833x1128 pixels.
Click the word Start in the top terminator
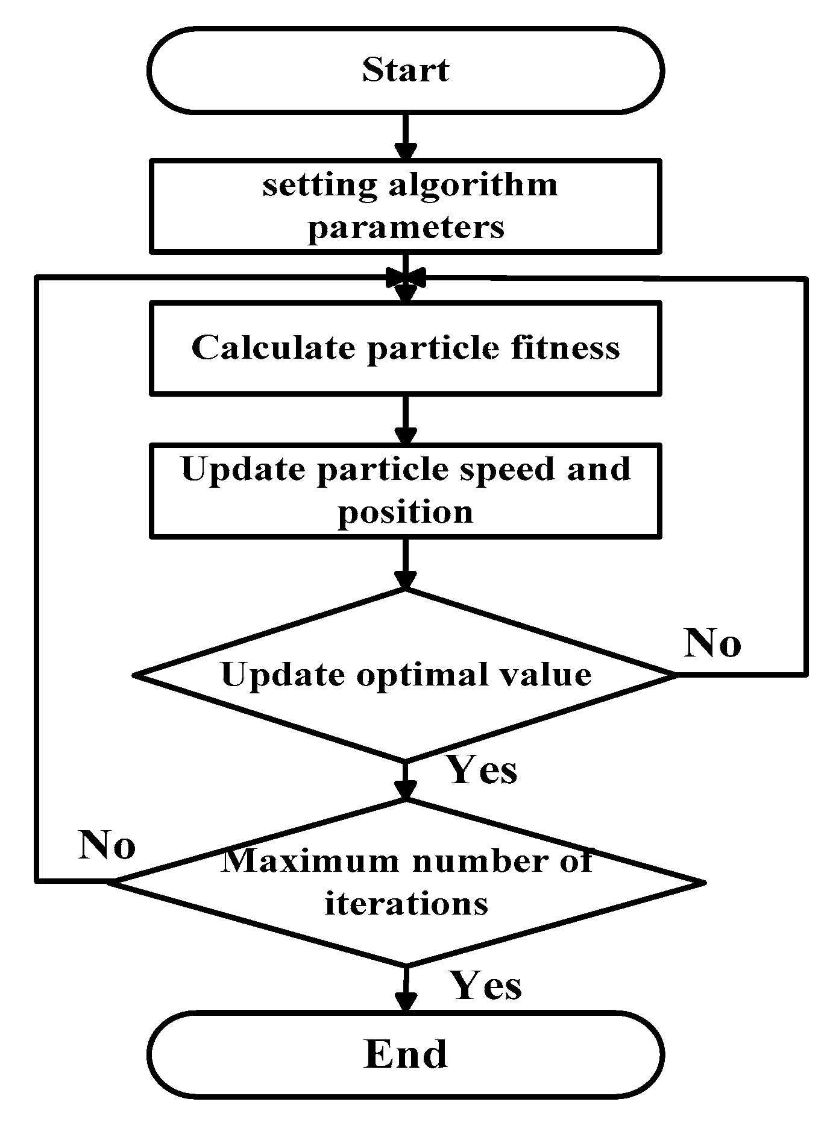click(x=405, y=70)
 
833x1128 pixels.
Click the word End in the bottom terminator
click(x=406, y=1055)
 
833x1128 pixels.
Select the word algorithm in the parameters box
click(x=473, y=185)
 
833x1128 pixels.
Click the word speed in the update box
click(x=506, y=469)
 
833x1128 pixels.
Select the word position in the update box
click(x=406, y=512)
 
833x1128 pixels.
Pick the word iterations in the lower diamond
click(x=406, y=903)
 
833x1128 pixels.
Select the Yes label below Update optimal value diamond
click(x=482, y=770)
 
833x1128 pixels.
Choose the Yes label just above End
click(x=486, y=986)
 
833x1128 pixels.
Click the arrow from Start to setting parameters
click(x=406, y=137)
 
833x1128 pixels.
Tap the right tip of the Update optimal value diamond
click(x=675, y=675)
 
